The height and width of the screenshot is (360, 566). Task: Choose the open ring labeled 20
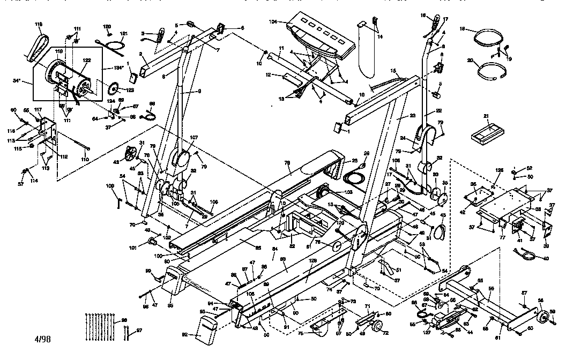point(490,71)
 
